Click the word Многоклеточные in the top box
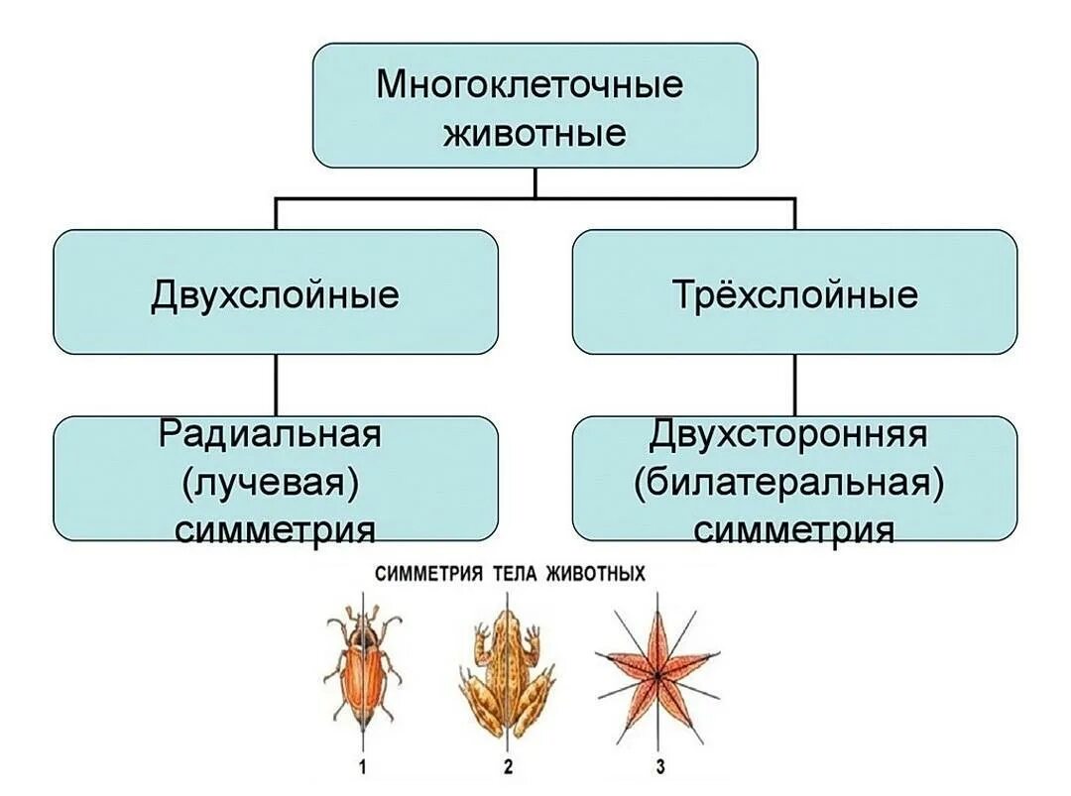pyautogui.click(x=530, y=84)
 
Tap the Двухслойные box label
pyautogui.click(x=275, y=294)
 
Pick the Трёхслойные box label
pyautogui.click(x=794, y=294)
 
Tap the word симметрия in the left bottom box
pyautogui.click(x=275, y=528)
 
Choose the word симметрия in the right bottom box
pyautogui.click(x=793, y=528)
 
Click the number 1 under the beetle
pyautogui.click(x=362, y=766)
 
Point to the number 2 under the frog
pyautogui.click(x=507, y=766)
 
